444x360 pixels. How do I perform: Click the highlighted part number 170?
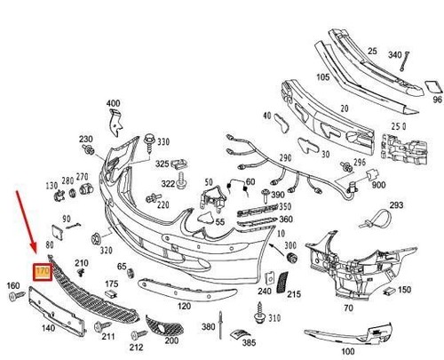pos(43,271)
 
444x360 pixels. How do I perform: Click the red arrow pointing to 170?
pos(26,222)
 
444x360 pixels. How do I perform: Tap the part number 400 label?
pos(113,103)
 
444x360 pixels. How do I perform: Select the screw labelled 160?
pos(17,296)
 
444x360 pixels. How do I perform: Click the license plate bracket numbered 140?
pos(57,311)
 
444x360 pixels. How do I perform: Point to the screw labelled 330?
pos(149,144)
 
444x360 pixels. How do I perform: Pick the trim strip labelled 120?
pos(186,289)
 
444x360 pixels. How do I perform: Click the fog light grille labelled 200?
pos(164,326)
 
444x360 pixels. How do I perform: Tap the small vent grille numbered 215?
pos(281,282)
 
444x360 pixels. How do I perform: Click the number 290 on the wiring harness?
pos(285,158)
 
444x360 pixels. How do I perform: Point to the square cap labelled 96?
pos(433,88)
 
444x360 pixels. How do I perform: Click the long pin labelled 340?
pos(405,61)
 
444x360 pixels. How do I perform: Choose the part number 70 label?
pos(348,308)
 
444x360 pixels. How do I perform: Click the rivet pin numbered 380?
pos(220,325)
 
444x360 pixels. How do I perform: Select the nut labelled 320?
pos(96,239)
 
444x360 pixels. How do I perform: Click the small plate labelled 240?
pos(269,277)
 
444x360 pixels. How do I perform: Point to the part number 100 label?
pos(348,352)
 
